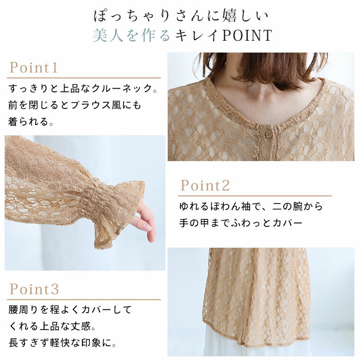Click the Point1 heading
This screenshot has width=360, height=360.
click(33, 67)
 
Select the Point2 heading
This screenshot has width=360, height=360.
click(205, 185)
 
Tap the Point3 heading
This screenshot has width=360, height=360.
click(34, 289)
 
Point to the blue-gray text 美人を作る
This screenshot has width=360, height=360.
click(131, 36)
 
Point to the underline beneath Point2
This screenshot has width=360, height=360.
click(255, 196)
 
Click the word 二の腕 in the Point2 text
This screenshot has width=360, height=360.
click(288, 207)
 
